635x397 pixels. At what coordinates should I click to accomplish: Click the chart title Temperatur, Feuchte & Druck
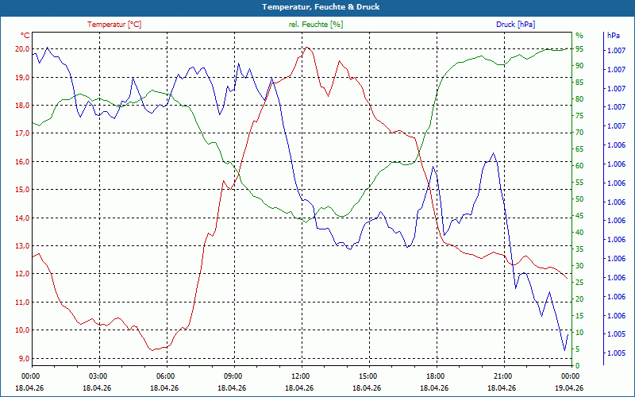321,7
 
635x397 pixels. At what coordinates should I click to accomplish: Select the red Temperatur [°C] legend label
114,25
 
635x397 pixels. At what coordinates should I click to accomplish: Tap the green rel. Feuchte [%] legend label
315,25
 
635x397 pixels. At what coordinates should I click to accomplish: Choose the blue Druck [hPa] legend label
515,25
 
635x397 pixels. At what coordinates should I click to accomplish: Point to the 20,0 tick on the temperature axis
22,49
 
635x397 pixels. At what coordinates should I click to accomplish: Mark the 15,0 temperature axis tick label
22,190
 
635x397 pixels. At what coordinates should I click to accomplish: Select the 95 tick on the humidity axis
579,49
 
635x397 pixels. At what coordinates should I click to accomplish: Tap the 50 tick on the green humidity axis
579,199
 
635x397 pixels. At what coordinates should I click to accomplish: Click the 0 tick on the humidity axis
578,365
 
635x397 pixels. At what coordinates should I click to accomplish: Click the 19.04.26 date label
569,387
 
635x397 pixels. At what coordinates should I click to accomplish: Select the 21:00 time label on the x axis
504,376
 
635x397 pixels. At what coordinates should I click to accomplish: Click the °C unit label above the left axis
25,36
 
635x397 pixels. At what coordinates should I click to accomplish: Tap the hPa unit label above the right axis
613,36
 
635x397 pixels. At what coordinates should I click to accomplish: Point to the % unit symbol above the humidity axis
579,36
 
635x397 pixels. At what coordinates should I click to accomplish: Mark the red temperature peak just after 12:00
307,48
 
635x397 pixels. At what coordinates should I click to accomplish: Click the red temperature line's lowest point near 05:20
152,350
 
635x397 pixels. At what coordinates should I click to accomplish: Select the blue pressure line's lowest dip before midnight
564,350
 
